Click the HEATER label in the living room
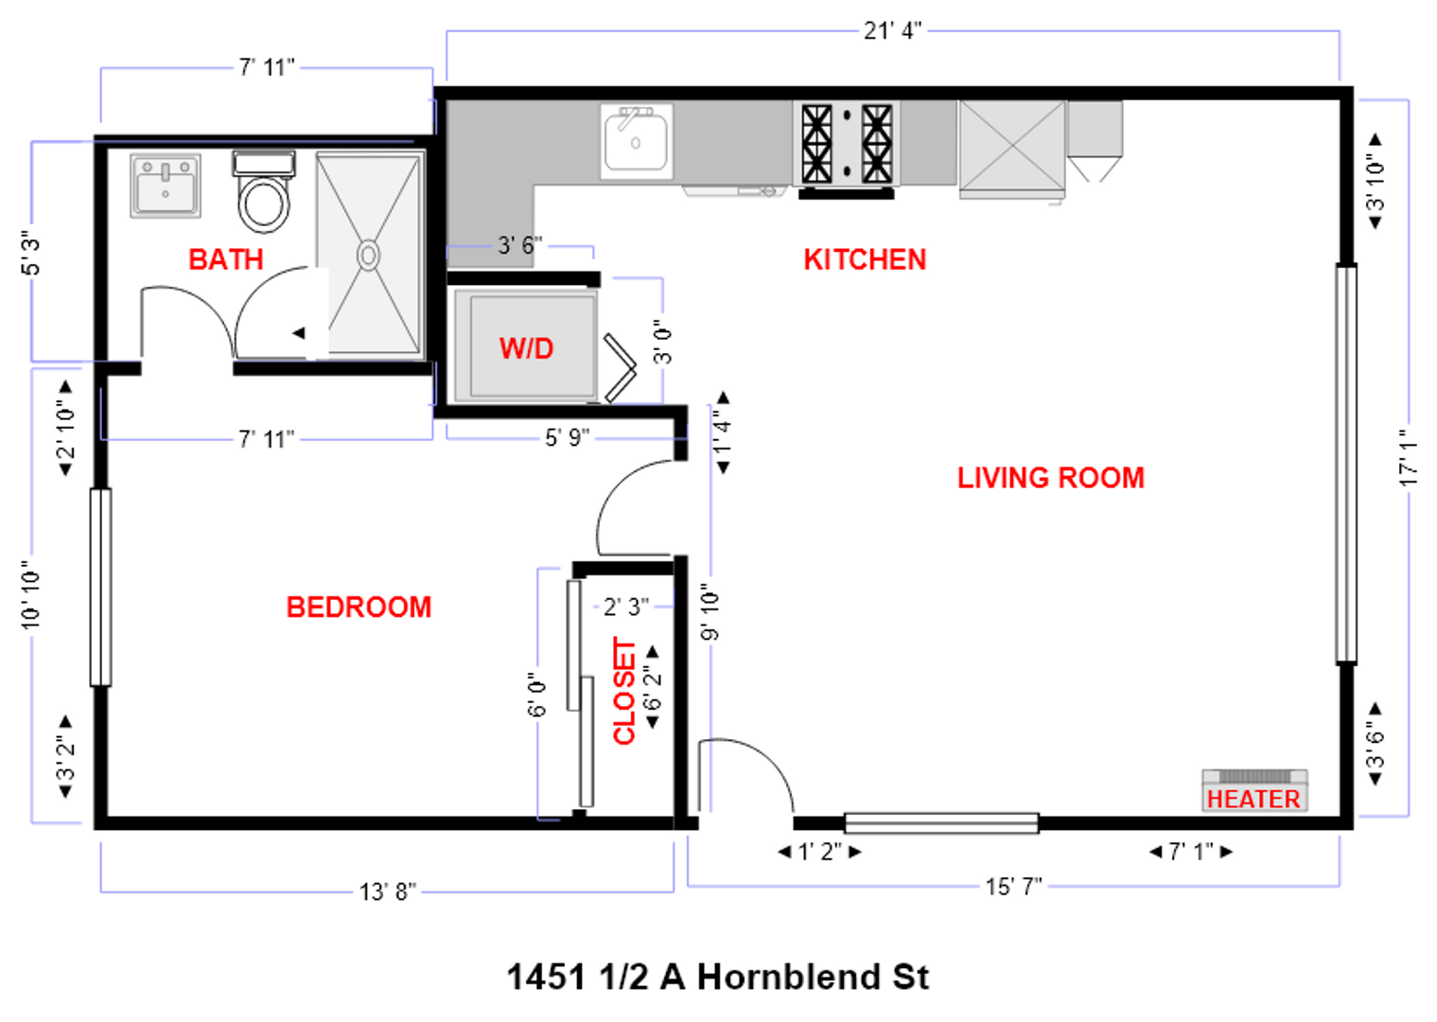pyautogui.click(x=1253, y=799)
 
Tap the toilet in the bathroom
pyautogui.click(x=264, y=195)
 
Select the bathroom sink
pyautogui.click(x=166, y=185)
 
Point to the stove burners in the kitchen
pyautogui.click(x=847, y=144)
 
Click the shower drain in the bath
pyautogui.click(x=368, y=255)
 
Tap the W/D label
pyautogui.click(x=526, y=348)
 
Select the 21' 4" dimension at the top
pyautogui.click(x=891, y=31)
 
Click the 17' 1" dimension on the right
pyautogui.click(x=1408, y=458)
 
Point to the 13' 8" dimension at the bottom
pyautogui.click(x=387, y=891)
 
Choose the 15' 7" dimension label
pyautogui.click(x=1013, y=887)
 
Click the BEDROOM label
pyautogui.click(x=359, y=607)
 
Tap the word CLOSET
pyautogui.click(x=624, y=691)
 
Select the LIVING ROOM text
pyautogui.click(x=1050, y=478)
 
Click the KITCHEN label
pyautogui.click(x=865, y=259)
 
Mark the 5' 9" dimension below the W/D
pyautogui.click(x=567, y=437)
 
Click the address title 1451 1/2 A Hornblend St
pyautogui.click(x=718, y=977)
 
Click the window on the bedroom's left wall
pyautogui.click(x=100, y=587)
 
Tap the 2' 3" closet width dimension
pyautogui.click(x=625, y=607)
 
